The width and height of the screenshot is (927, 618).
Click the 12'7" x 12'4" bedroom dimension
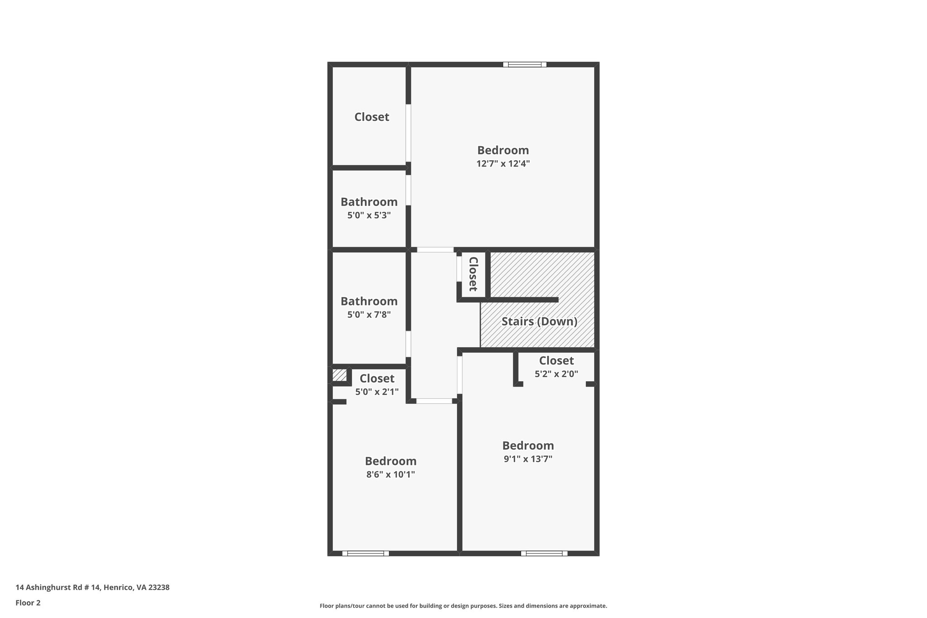click(x=503, y=163)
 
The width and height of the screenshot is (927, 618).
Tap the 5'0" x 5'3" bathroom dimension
click(x=369, y=216)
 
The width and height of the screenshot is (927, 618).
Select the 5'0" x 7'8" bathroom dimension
click(x=369, y=314)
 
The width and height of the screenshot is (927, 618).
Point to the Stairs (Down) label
click(x=539, y=321)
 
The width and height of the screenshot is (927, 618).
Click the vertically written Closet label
click(x=473, y=274)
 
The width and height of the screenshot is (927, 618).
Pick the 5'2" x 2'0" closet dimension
click(x=556, y=374)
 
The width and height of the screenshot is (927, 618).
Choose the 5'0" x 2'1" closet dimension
click(x=377, y=392)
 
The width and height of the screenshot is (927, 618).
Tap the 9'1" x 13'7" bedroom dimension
click(x=528, y=459)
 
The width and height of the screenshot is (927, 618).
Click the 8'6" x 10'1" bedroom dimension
click(x=391, y=474)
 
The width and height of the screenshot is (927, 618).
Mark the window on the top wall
click(x=525, y=64)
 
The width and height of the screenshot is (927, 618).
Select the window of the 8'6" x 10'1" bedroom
click(x=365, y=553)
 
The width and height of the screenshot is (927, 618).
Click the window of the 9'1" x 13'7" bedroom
click(x=544, y=553)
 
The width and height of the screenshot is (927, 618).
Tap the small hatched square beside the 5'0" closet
click(x=339, y=375)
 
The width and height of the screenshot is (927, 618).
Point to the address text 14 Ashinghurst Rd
click(x=92, y=587)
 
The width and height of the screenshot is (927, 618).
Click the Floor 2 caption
click(x=28, y=603)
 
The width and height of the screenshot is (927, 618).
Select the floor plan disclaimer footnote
click(x=463, y=606)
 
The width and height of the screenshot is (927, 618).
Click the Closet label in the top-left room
click(x=372, y=117)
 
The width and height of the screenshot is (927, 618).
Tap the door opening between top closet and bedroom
click(x=408, y=133)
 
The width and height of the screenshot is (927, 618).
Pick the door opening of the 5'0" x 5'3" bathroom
click(x=408, y=190)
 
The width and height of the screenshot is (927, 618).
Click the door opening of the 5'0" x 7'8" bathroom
click(x=408, y=344)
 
